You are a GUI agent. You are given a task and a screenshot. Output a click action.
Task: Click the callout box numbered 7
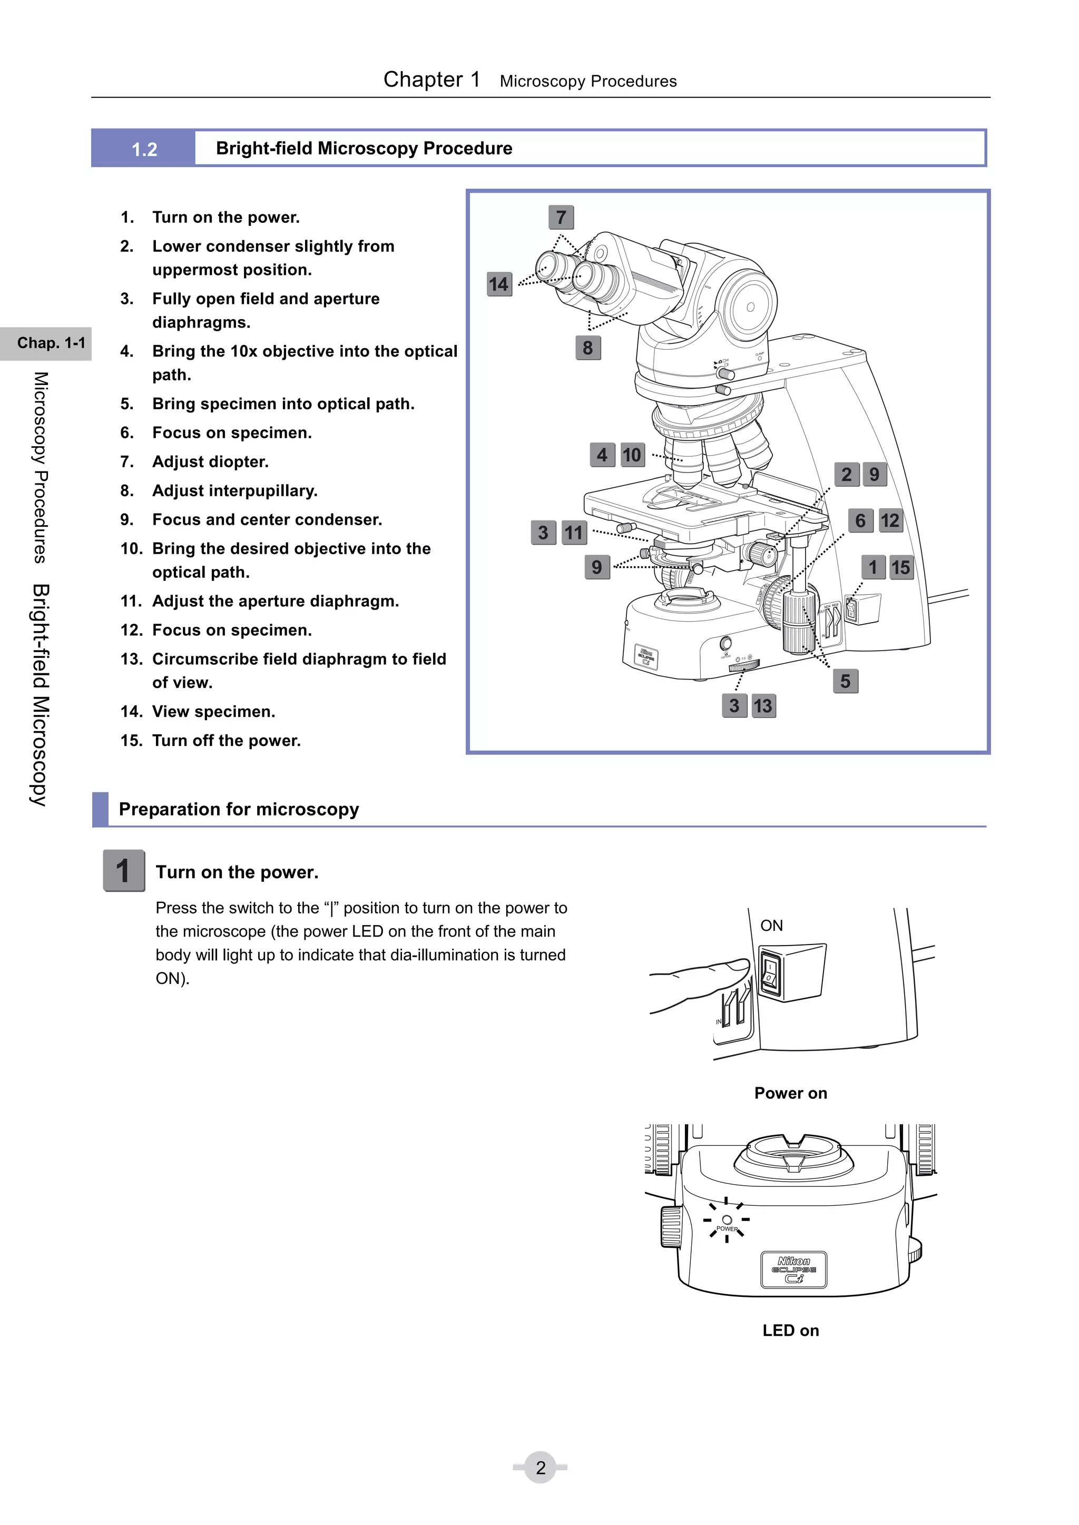click(561, 217)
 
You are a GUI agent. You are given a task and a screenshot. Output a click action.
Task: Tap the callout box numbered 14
click(499, 284)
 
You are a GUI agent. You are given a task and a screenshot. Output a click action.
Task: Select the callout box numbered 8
click(587, 347)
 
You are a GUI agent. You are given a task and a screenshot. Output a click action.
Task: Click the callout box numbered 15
click(900, 567)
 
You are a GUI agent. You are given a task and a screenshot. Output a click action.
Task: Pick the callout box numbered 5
click(845, 681)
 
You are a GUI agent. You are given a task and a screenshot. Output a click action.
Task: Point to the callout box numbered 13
click(763, 705)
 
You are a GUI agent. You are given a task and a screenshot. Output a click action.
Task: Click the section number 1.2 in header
click(144, 149)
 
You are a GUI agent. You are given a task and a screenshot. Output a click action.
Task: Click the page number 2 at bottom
click(540, 1467)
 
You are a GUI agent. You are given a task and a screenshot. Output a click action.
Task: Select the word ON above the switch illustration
click(771, 925)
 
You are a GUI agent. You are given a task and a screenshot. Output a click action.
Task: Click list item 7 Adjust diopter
click(210, 461)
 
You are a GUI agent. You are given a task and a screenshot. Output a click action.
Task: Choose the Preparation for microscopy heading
click(239, 809)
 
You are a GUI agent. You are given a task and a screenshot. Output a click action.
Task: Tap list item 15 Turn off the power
click(226, 741)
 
